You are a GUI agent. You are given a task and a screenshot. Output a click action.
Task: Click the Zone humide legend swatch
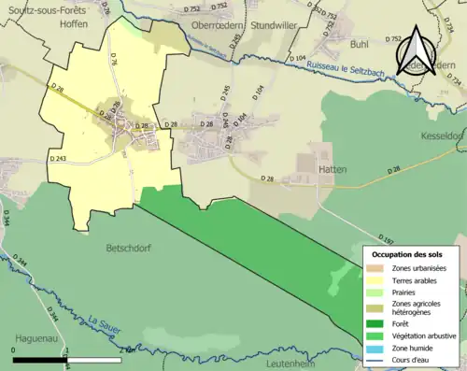(x=378, y=348)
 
